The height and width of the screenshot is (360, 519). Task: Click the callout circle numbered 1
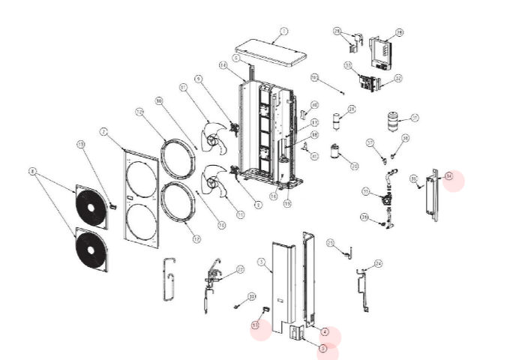[x=283, y=31]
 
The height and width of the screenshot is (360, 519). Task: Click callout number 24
[x=378, y=263]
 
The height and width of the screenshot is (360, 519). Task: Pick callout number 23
[x=330, y=244]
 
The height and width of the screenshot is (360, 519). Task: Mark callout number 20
[x=355, y=165]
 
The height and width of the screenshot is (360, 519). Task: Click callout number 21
[x=352, y=109]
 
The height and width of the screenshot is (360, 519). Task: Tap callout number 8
[x=32, y=171]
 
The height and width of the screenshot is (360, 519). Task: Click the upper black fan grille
[x=91, y=207]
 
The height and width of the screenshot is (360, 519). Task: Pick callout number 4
[x=325, y=331]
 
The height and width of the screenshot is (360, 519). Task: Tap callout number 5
[x=322, y=347]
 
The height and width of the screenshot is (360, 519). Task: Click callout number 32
[x=398, y=78]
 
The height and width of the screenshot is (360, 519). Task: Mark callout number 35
[x=413, y=178]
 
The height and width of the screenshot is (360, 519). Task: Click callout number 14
[x=222, y=65]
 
